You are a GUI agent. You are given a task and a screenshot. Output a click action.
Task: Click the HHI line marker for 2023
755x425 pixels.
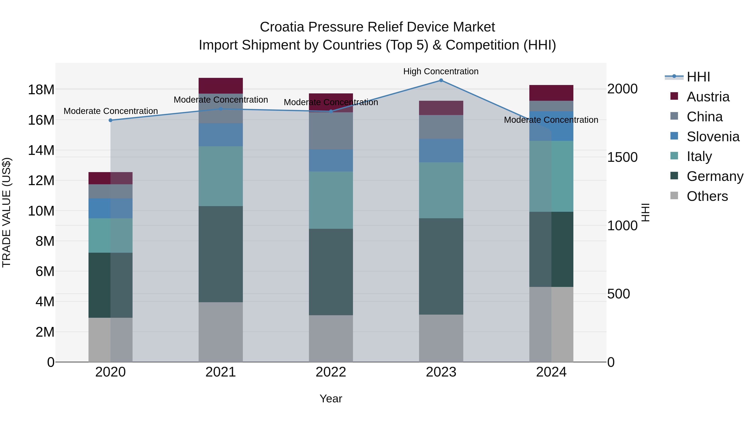pyautogui.click(x=441, y=80)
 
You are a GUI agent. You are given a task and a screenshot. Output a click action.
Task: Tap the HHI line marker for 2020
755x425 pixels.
pyautogui.click(x=111, y=120)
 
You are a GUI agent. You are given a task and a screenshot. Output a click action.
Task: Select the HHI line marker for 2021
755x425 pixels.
pyautogui.click(x=221, y=109)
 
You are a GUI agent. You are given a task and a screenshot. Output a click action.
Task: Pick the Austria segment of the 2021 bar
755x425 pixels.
pyautogui.click(x=221, y=86)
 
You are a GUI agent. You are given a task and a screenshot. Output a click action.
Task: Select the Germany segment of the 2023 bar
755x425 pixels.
pyautogui.click(x=441, y=266)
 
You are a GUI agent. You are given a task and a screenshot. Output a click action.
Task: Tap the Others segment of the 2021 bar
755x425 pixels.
pyautogui.click(x=221, y=332)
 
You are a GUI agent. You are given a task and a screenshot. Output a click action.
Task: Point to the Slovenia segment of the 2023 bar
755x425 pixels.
pyautogui.click(x=441, y=150)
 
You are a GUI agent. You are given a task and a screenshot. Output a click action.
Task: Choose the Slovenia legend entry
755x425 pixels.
pyautogui.click(x=713, y=137)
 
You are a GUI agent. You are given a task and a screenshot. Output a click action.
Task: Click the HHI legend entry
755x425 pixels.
pyautogui.click(x=698, y=77)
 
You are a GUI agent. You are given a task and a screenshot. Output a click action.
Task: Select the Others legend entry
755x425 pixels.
pyautogui.click(x=707, y=196)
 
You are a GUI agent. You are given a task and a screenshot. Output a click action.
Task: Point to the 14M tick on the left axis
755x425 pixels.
pyautogui.click(x=41, y=150)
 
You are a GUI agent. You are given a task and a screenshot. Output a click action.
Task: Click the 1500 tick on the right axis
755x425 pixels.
pyautogui.click(x=622, y=157)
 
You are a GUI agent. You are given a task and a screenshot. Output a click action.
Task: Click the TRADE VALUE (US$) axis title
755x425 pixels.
pyautogui.click(x=7, y=212)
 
